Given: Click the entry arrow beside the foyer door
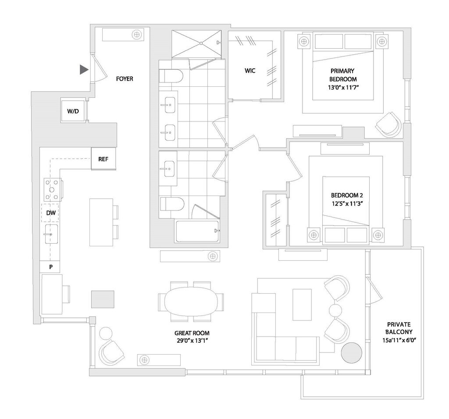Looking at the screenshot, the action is coord(84,70).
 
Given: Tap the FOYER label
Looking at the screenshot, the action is coord(125,79).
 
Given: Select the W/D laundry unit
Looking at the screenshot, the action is coord(73,111).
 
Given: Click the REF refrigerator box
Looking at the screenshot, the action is coord(103,159).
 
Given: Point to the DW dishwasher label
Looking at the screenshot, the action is coord(51,213).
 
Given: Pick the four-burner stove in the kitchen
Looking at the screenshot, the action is coord(52,189).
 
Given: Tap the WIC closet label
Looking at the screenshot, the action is coord(250,71).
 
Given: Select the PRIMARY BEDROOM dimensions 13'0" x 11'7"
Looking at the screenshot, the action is coord(343,87).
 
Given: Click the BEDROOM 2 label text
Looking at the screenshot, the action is coord(347,195).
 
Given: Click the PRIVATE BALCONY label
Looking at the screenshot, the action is coord(399,328).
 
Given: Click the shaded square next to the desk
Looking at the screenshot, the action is coord(103,299).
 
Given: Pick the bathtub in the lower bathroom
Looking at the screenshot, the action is coord(198,231).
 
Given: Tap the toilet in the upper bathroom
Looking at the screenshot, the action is coord(171,76).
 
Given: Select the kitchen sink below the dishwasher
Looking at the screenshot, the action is coord(51,234).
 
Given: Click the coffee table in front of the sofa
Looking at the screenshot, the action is coord(302,305).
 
